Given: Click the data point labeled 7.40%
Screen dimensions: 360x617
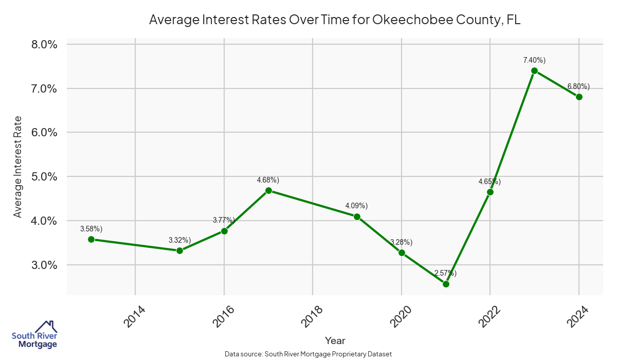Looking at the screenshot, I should [x=534, y=71].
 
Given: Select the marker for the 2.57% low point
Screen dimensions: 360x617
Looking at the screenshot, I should [x=446, y=284].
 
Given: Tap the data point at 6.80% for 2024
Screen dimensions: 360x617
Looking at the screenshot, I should [x=579, y=97].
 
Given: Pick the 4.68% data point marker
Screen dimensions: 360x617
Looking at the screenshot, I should [x=268, y=191].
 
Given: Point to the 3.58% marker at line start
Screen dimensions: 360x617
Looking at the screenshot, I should [x=91, y=239].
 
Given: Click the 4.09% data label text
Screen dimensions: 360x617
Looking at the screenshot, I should [x=356, y=206].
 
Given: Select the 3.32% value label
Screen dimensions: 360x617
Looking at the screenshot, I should [x=179, y=240].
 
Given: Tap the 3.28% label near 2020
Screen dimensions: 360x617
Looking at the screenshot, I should [x=401, y=242].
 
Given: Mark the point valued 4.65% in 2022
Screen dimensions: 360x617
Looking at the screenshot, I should [x=490, y=192].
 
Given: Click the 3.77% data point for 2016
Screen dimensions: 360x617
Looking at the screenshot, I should [x=224, y=231].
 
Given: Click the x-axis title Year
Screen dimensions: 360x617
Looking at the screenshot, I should [x=335, y=340].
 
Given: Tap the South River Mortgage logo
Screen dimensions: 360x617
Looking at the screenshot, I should [x=34, y=335].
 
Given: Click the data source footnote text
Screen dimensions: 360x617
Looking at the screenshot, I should [x=308, y=354].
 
